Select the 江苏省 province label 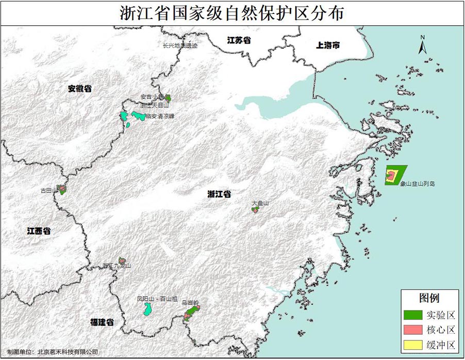pyautogui.click(x=240, y=40)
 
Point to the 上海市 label pyautogui.click(x=328, y=45)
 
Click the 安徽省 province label pyautogui.click(x=79, y=89)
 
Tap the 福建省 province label pyautogui.click(x=102, y=322)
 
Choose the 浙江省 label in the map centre pyautogui.click(x=219, y=194)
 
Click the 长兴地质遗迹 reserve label pyautogui.click(x=180, y=45)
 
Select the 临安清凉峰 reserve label pyautogui.click(x=160, y=116)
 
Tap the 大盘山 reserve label pyautogui.click(x=260, y=203)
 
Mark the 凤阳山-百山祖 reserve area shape pyautogui.click(x=147, y=309)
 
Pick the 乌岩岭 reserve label pyautogui.click(x=190, y=303)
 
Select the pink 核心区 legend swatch pyautogui.click(x=413, y=330)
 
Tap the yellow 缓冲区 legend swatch pyautogui.click(x=413, y=345)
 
